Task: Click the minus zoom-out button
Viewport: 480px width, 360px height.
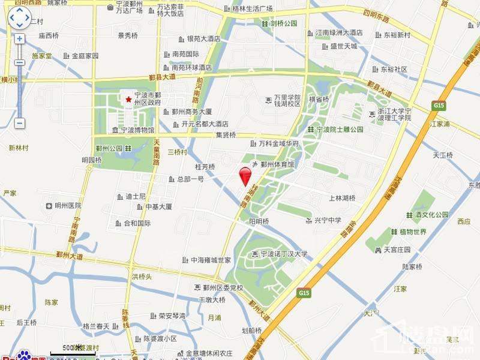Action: (x=19, y=123)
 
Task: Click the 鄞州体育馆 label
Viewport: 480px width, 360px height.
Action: (x=277, y=164)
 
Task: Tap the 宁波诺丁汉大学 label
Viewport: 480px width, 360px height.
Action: (x=283, y=254)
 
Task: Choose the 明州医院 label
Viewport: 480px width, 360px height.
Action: (x=67, y=206)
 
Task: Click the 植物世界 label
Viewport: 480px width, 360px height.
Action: (x=413, y=232)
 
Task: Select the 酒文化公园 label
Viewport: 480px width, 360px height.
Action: (x=431, y=215)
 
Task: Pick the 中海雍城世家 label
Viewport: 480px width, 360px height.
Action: (x=211, y=260)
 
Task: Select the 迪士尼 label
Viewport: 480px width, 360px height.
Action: (x=136, y=196)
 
